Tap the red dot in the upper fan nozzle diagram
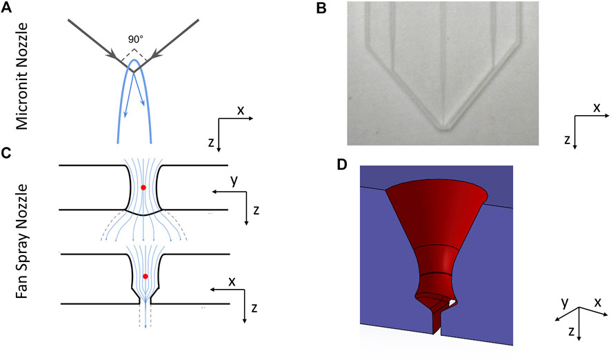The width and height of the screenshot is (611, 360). click(x=143, y=188)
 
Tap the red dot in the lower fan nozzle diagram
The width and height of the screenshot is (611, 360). click(x=145, y=277)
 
